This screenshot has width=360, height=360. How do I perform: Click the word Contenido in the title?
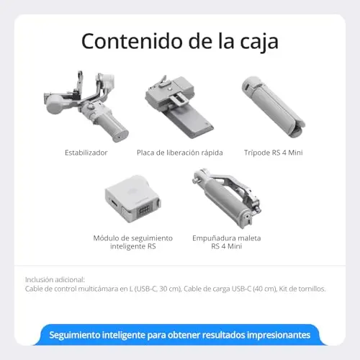[x=132, y=41]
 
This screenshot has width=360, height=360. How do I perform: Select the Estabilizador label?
[x=86, y=153]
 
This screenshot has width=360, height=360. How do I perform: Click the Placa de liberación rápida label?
[x=180, y=153]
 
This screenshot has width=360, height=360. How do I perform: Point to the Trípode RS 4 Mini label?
[x=274, y=153]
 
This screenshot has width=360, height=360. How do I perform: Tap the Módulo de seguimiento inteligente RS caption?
[x=133, y=242]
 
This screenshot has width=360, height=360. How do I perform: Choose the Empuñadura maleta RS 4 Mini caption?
[x=227, y=242]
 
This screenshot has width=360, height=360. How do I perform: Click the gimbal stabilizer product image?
[x=86, y=107]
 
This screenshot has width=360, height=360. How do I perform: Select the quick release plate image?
[x=179, y=107]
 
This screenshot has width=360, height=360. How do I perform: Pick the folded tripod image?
[x=274, y=107]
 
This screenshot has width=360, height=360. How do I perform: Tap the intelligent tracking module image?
[x=133, y=199]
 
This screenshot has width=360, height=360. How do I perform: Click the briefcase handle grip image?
[x=227, y=198]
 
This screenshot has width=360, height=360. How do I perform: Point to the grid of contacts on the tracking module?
[x=145, y=210]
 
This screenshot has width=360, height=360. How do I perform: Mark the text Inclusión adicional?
[x=55, y=280]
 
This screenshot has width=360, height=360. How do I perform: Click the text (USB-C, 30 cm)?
[x=158, y=289]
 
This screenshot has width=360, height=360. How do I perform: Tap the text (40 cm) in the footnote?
[x=265, y=289]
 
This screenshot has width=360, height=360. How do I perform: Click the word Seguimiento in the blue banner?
[x=74, y=336]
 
